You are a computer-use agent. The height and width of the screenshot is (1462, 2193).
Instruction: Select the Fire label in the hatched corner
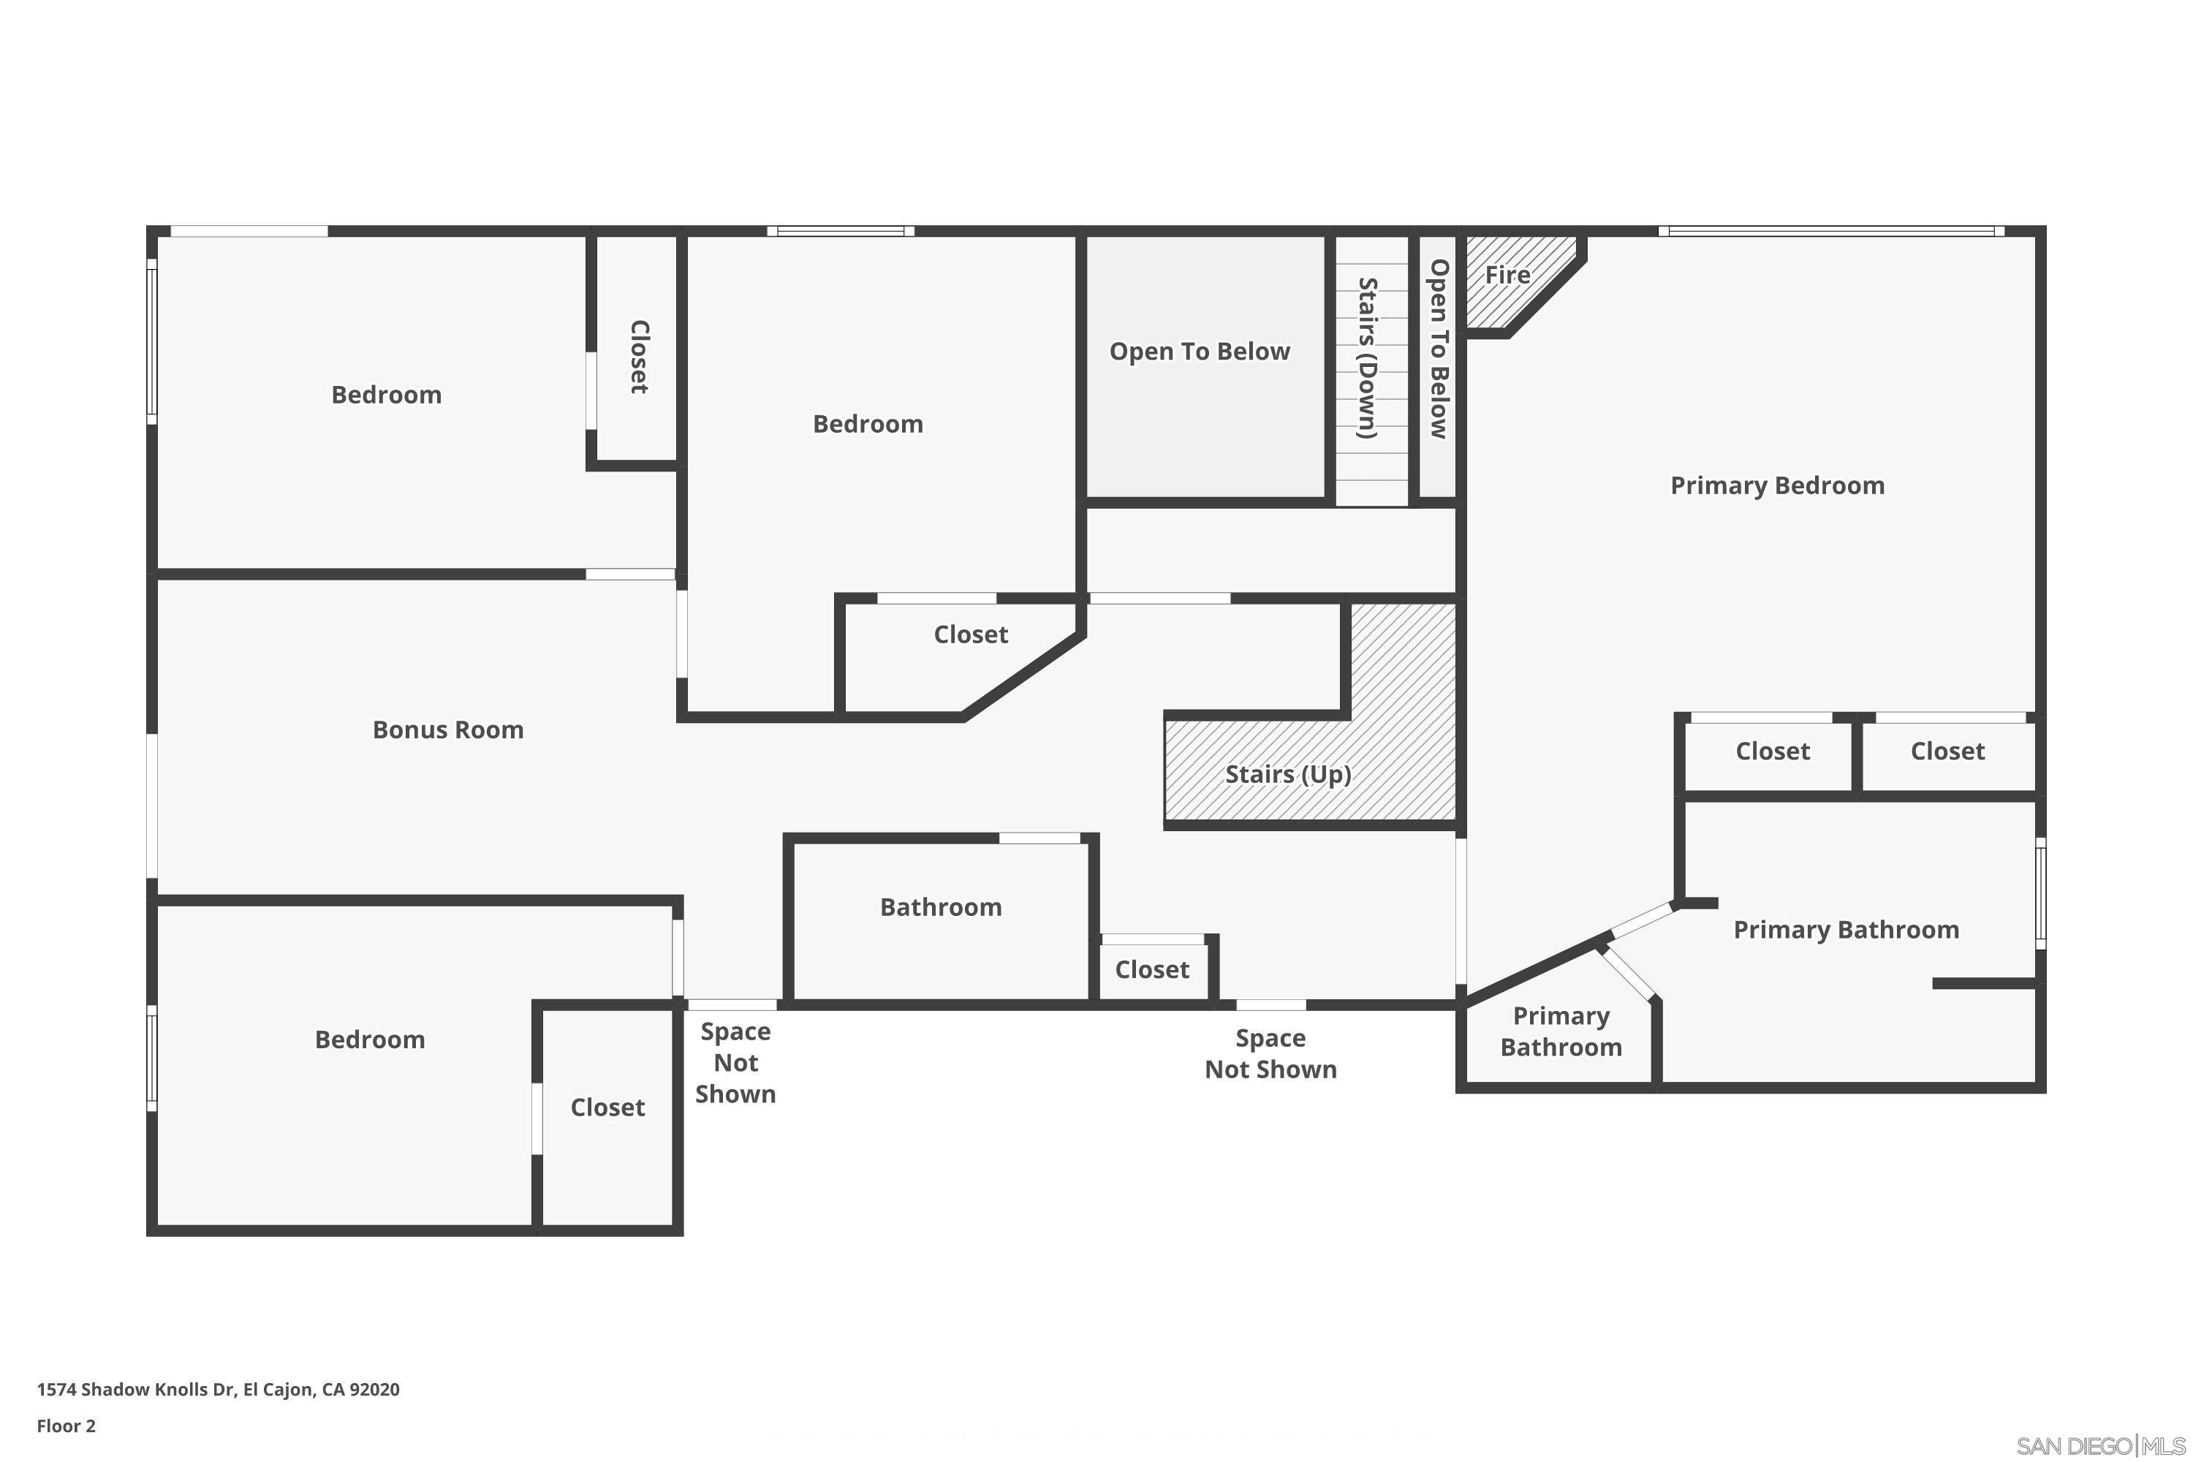pyautogui.click(x=1507, y=275)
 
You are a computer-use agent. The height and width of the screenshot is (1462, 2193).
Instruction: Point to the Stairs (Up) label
pyautogui.click(x=1287, y=774)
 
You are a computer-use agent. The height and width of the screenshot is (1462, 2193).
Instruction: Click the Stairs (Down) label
pyautogui.click(x=1367, y=358)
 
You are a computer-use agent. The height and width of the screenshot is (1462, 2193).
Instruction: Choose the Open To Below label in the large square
pyautogui.click(x=1199, y=352)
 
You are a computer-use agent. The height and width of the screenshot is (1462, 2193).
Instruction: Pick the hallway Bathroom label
pyautogui.click(x=941, y=906)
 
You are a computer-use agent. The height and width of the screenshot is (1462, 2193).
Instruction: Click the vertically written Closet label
pyautogui.click(x=639, y=357)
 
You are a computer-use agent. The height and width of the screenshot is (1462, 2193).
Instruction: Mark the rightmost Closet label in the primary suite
pyautogui.click(x=1947, y=751)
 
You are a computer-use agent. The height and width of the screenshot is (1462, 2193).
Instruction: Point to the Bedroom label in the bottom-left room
pyautogui.click(x=369, y=1039)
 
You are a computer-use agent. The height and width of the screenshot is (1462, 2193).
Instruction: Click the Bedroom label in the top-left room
pyautogui.click(x=386, y=395)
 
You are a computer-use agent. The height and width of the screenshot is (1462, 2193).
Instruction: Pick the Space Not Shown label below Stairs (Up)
pyautogui.click(x=1270, y=1053)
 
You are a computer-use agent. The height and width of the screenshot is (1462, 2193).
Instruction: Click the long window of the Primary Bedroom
pyautogui.click(x=1831, y=231)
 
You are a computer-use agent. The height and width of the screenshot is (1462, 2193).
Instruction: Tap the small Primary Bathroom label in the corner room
pyautogui.click(x=1561, y=1031)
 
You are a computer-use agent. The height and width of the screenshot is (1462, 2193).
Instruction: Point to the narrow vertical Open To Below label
pyautogui.click(x=1439, y=349)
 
